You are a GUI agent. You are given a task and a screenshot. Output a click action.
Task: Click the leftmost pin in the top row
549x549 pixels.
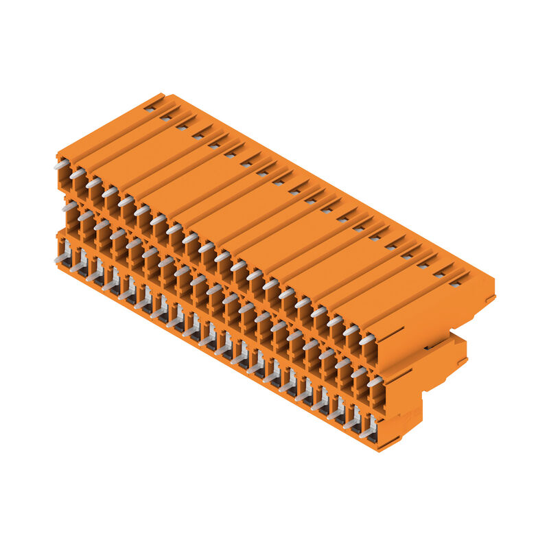pyautogui.click(x=61, y=165)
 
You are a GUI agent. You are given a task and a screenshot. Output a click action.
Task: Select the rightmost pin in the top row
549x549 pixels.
pyautogui.click(x=367, y=339)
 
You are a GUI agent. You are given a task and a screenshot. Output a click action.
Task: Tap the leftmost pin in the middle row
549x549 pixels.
pyautogui.click(x=69, y=205)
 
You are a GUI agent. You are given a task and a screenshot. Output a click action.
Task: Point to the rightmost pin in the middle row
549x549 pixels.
pyautogui.click(x=375, y=381)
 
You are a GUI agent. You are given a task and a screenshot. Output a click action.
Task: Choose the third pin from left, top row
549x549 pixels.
pyautogui.click(x=93, y=183)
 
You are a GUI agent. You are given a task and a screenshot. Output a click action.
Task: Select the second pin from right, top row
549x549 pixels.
pyautogui.click(x=351, y=330)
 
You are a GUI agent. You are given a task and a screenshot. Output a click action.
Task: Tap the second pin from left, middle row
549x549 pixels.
pyautogui.click(x=85, y=215)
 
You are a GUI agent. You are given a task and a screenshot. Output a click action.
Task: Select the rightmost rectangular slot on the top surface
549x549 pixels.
pyautogui.click(x=454, y=282)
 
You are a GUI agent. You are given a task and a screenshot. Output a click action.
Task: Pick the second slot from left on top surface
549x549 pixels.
pyautogui.click(x=165, y=117)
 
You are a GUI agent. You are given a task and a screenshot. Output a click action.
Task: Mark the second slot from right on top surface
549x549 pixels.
pyautogui.click(x=439, y=273)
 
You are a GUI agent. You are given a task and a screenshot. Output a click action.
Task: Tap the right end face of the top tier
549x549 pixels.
pyautogui.click(x=439, y=323)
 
